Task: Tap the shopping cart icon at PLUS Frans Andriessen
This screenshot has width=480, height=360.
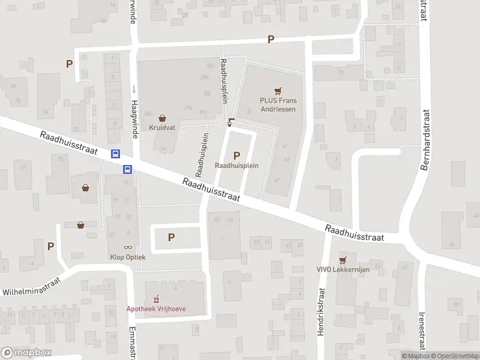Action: (x=277, y=91)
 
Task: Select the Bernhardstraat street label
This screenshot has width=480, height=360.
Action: (x=425, y=140)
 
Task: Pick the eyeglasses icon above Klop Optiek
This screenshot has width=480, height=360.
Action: (x=128, y=247)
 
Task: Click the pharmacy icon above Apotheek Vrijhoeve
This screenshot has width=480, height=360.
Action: (x=157, y=298)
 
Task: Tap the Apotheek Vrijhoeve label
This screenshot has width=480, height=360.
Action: (x=157, y=308)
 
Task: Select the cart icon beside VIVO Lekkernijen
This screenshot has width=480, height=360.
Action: (x=343, y=260)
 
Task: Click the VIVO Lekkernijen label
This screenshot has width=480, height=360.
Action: (x=343, y=269)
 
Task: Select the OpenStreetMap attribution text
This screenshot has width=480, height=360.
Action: (x=455, y=356)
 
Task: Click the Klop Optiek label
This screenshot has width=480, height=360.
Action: (x=128, y=256)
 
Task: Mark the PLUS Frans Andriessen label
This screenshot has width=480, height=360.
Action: (x=277, y=105)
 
